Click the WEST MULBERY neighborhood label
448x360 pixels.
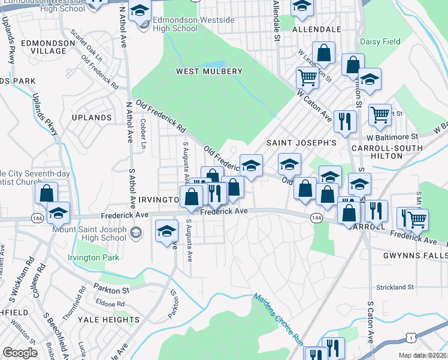click(x=209, y=71)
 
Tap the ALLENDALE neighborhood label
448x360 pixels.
click(x=316, y=29)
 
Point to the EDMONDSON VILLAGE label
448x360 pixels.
click(x=43, y=47)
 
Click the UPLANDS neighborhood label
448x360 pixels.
click(x=91, y=118)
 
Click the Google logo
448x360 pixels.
click(x=20, y=353)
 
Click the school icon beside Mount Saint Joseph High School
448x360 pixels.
click(x=137, y=233)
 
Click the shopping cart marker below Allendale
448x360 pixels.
click(x=307, y=77)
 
